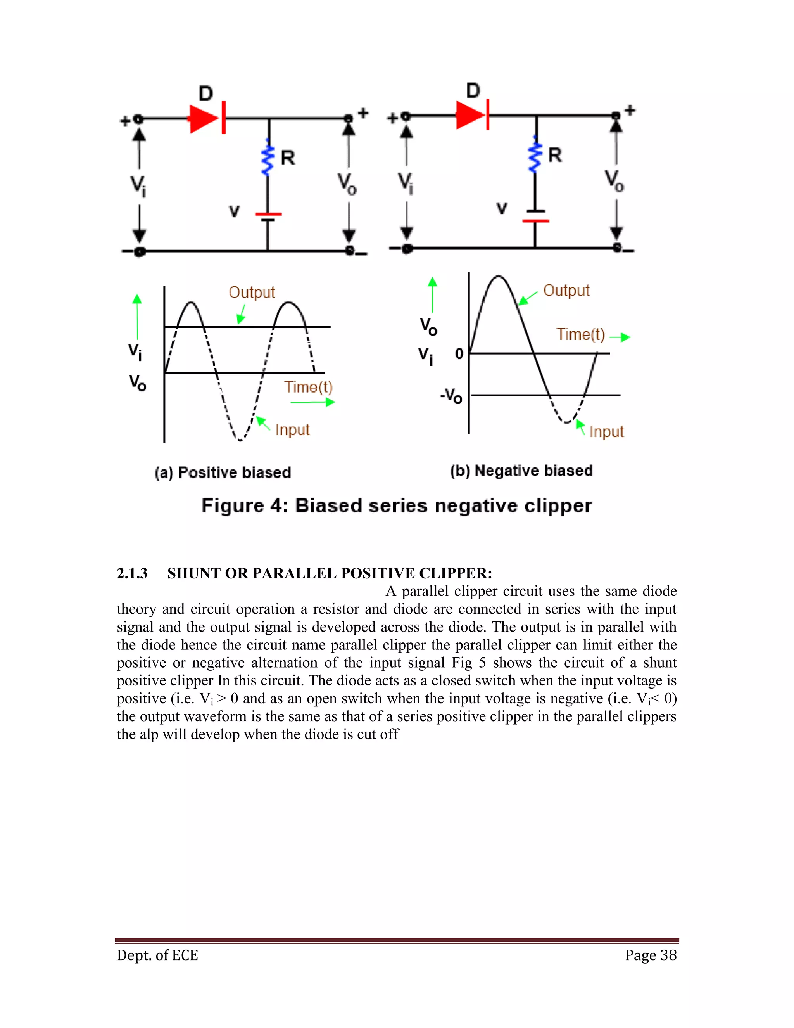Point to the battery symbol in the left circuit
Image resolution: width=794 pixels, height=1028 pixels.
[x=268, y=216]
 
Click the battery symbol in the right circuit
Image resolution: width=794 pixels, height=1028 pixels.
[x=535, y=216]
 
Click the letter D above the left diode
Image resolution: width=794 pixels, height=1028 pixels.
[x=206, y=93]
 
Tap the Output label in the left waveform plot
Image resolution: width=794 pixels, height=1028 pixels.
[x=252, y=292]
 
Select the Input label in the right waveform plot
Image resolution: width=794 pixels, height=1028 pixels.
[x=606, y=432]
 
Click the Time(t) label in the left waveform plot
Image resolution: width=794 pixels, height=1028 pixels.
[x=308, y=387]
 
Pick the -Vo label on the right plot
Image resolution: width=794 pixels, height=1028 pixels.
[x=451, y=395]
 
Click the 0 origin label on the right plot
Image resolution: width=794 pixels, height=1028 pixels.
[x=459, y=353]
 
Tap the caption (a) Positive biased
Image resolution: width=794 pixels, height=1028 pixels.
[x=223, y=472]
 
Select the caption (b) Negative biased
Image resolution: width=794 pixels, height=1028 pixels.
[x=521, y=471]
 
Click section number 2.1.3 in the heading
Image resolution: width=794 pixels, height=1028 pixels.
[x=132, y=573]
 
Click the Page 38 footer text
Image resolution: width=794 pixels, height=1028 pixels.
[x=651, y=955]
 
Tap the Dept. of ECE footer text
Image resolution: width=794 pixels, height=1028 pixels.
[x=157, y=955]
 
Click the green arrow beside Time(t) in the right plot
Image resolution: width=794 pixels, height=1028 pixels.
[x=620, y=337]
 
